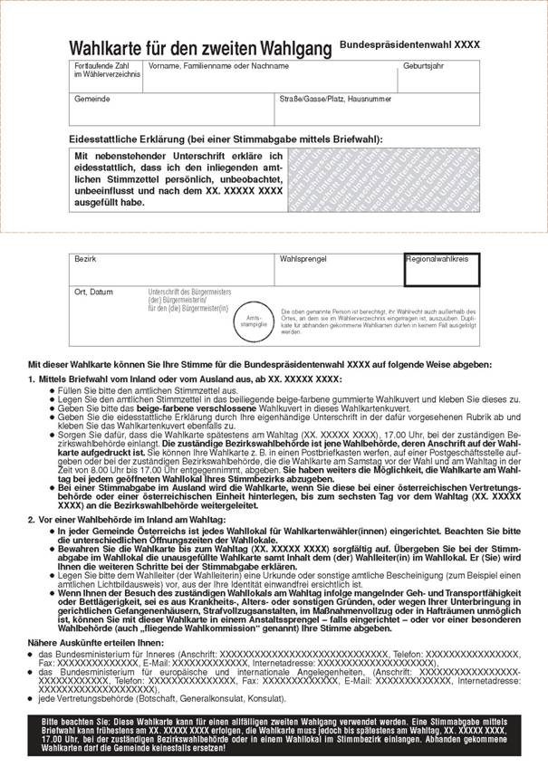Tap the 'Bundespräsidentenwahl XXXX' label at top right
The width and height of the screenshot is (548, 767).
(x=409, y=43)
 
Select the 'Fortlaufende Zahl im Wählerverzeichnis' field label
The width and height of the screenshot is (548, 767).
(x=102, y=69)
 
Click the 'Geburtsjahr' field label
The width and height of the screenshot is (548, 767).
(x=424, y=66)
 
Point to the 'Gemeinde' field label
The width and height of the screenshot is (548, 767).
(x=91, y=97)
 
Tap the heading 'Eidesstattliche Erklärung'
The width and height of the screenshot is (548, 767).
(x=226, y=139)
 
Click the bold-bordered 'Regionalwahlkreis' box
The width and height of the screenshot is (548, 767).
(x=441, y=269)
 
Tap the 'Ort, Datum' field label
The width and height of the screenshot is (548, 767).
(x=94, y=292)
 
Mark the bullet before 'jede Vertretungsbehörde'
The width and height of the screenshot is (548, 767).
(x=31, y=701)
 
